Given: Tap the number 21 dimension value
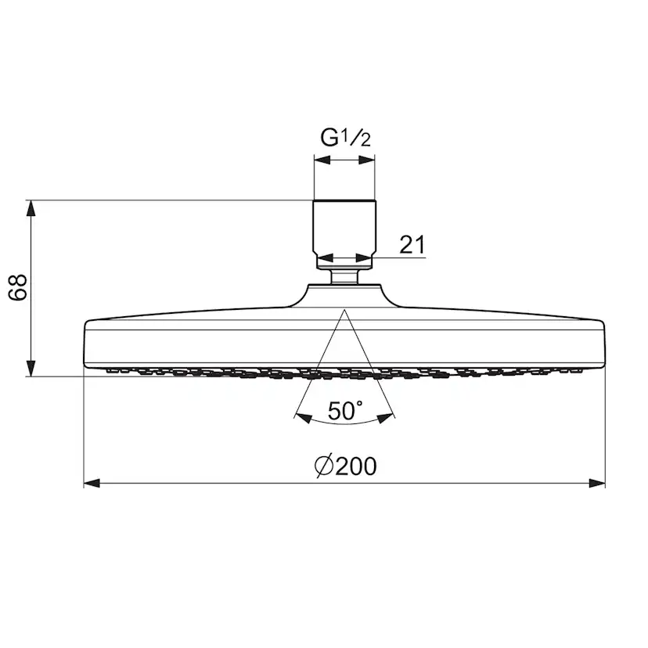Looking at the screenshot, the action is click(x=412, y=245).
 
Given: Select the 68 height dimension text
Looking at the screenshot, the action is click(x=18, y=287).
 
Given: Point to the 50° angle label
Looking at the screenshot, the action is click(x=345, y=410).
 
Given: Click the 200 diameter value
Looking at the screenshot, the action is click(x=356, y=466).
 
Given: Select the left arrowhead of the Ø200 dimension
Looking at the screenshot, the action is click(x=92, y=483).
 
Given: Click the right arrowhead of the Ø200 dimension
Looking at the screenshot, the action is click(x=597, y=483).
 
